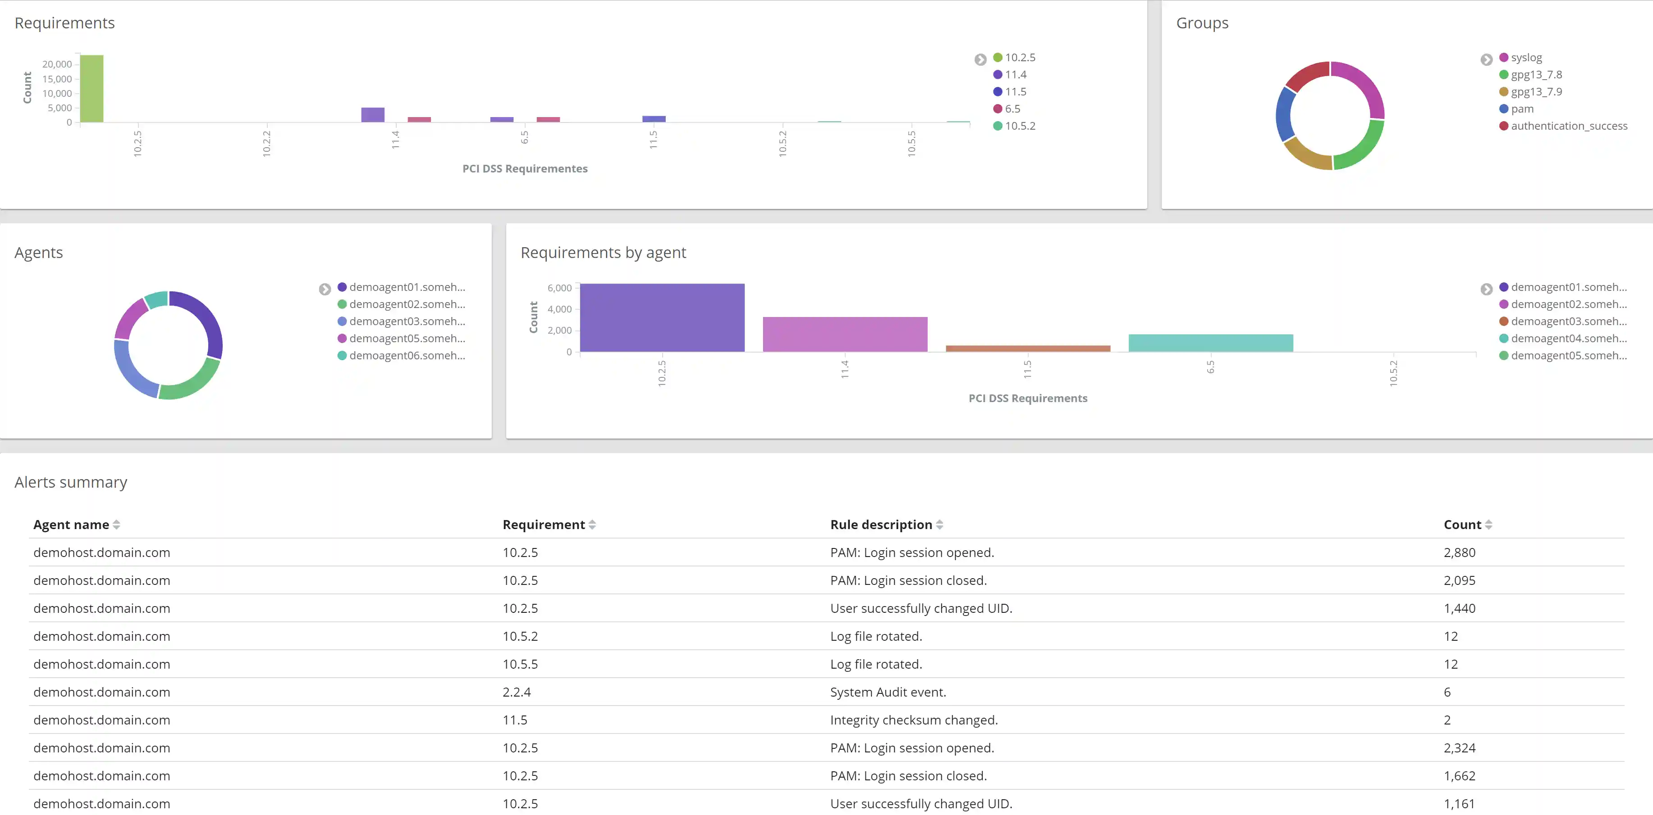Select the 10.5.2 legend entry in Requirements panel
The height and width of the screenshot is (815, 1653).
tap(1019, 126)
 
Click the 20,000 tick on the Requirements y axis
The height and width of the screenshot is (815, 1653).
tap(57, 64)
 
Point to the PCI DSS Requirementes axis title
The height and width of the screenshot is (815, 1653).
tap(524, 169)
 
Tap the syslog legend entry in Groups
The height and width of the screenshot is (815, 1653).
tap(1525, 58)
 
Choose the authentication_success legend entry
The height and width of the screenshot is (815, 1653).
tap(1568, 126)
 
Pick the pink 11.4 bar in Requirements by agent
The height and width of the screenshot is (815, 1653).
tap(844, 334)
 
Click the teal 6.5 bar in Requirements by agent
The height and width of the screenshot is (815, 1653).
tap(1210, 343)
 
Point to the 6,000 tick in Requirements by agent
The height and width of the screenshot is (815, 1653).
tap(559, 288)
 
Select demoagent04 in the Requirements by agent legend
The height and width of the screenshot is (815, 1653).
tap(1568, 338)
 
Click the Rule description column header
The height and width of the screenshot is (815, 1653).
tap(880, 525)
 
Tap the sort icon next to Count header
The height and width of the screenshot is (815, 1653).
tap(1488, 525)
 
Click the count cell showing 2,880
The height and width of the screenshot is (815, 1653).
tap(1459, 552)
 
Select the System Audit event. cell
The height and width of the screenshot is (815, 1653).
tap(888, 692)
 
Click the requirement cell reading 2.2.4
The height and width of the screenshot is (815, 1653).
tap(517, 692)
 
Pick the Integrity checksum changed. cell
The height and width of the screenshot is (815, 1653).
tap(913, 720)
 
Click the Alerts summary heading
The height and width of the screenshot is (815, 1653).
tap(71, 482)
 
